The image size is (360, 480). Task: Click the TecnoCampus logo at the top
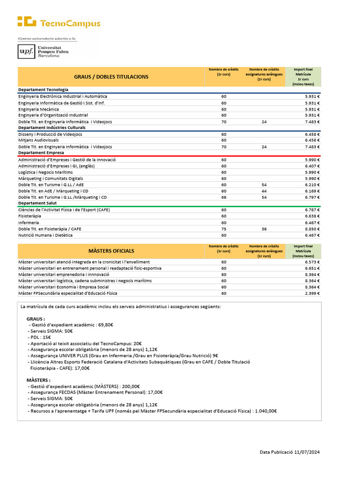coord(59,22)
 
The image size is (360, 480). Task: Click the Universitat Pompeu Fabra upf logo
coord(43,52)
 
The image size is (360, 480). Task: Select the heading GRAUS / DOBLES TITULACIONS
coord(111,77)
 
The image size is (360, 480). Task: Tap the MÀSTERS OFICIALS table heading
coord(111,251)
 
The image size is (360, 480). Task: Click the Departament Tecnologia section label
coord(43,90)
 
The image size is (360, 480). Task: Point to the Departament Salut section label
coord(37,203)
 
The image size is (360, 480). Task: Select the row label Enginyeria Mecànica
coord(41,109)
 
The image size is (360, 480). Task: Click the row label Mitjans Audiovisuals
coord(38,140)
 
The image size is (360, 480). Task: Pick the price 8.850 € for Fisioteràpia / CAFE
coord(312,229)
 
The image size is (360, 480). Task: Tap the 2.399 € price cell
coord(312,293)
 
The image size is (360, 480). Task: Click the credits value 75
coord(224,229)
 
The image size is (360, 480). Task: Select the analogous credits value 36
coord(264,229)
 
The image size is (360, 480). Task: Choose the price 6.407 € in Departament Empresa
coord(312,165)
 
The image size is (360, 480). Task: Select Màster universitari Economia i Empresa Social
coord(63,287)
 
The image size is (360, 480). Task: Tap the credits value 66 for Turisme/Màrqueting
coord(224,197)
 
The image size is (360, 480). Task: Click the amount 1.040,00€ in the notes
coord(265,411)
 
